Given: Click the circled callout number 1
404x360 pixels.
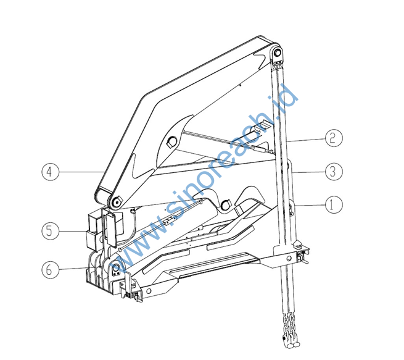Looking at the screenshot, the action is pyautogui.click(x=334, y=205).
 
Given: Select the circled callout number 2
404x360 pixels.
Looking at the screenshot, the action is pyautogui.click(x=334, y=138).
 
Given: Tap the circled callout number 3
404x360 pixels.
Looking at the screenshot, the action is pyautogui.click(x=334, y=172).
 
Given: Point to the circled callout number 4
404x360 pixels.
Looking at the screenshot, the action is pyautogui.click(x=50, y=172).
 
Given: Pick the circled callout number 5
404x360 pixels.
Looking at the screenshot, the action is pyautogui.click(x=50, y=231).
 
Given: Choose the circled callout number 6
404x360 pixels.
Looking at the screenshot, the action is pyautogui.click(x=50, y=269).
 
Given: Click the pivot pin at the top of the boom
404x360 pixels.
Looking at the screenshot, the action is pyautogui.click(x=277, y=52).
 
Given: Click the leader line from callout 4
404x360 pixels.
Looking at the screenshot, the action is pyautogui.click(x=81, y=172).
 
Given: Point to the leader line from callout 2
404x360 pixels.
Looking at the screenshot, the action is pyautogui.click(x=306, y=140).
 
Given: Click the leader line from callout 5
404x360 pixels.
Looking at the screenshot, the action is pyautogui.click(x=73, y=231).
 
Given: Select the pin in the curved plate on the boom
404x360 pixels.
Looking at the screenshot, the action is pyautogui.click(x=171, y=141).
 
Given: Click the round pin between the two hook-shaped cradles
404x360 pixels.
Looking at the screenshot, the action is pyautogui.click(x=225, y=205).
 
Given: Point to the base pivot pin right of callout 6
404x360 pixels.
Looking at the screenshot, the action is pyautogui.click(x=116, y=267).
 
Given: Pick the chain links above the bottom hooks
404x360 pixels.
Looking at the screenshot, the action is pyautogui.click(x=290, y=324).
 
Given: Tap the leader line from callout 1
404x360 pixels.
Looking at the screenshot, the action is pyautogui.click(x=310, y=205).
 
